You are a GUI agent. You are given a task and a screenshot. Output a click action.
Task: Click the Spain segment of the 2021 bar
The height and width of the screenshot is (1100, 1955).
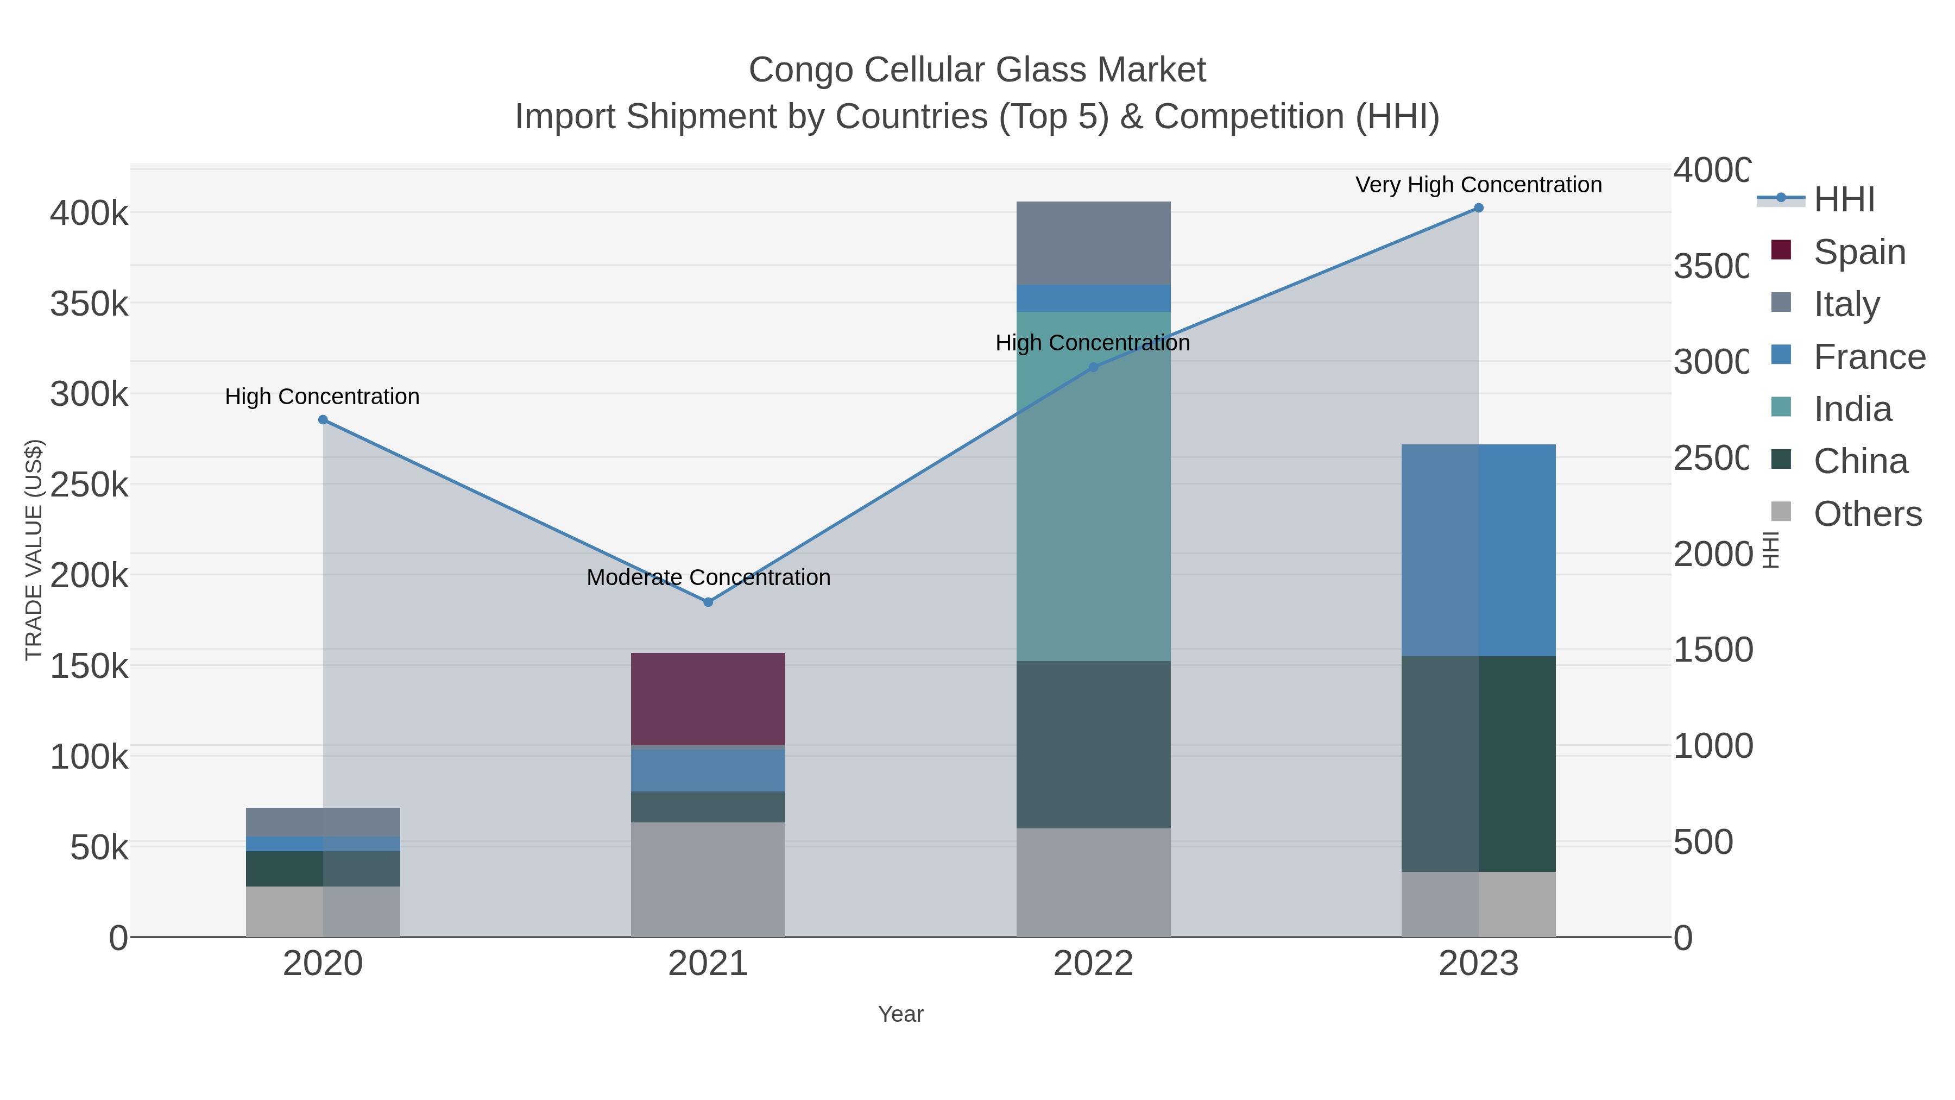[x=707, y=699]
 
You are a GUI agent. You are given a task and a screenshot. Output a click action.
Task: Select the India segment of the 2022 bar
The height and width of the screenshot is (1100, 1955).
[x=1093, y=486]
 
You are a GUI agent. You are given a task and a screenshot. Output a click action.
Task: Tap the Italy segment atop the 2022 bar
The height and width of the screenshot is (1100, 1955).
[x=1093, y=243]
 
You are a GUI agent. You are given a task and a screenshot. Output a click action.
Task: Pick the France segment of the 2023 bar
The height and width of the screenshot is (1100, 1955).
[x=1478, y=550]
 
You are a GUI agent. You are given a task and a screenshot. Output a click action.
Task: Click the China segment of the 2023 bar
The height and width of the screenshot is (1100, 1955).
[x=1478, y=763]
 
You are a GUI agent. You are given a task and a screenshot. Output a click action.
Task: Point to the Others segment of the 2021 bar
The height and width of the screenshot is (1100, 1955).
[x=707, y=879]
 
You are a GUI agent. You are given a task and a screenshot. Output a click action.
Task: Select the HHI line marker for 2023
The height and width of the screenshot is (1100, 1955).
[x=1478, y=208]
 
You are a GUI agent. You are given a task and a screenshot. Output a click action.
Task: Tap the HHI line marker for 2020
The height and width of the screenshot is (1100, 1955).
[x=323, y=420]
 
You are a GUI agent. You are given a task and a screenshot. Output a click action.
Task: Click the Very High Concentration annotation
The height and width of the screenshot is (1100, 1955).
[x=1478, y=185]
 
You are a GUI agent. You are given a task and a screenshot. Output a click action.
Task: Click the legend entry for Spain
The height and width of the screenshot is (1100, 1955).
[x=1859, y=252]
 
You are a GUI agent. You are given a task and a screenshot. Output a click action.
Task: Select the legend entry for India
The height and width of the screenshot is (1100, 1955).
[x=1852, y=409]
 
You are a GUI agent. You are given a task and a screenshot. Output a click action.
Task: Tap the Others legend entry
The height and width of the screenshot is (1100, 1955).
[x=1867, y=514]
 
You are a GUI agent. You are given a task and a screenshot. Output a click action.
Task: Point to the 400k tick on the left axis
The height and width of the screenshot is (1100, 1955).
[x=89, y=213]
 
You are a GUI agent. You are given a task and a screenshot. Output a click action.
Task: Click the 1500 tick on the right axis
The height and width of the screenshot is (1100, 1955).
[x=1713, y=650]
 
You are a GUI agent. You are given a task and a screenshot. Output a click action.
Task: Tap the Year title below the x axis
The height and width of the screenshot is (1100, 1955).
[x=900, y=1014]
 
